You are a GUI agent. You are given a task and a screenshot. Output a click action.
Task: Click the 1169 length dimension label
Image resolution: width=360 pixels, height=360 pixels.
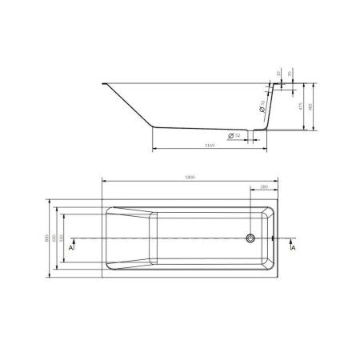pos(210,146)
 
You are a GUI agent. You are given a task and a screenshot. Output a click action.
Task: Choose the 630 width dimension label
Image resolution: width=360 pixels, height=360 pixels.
pos(54,238)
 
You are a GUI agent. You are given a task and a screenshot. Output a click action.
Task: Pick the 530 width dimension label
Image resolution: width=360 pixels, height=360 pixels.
pos(62,238)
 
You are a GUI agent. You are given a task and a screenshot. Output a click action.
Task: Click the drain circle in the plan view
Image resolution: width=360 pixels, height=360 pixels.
pos(251,238)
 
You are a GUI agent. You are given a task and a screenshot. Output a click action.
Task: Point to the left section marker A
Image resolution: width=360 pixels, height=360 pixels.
pos(72,248)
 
